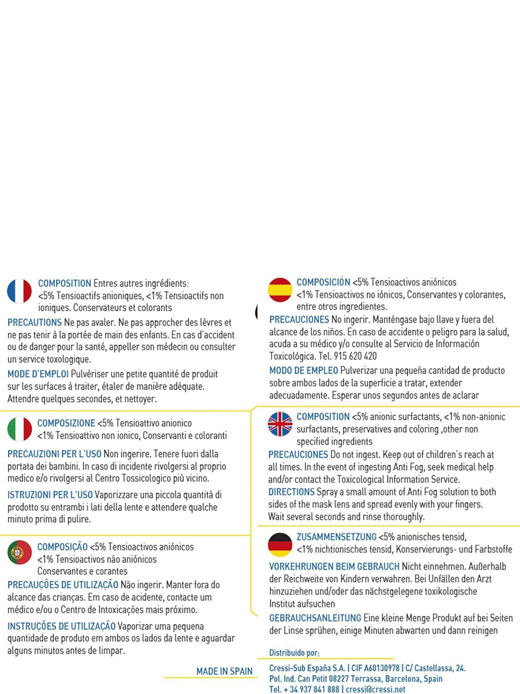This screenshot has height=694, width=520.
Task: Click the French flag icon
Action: point(19,291)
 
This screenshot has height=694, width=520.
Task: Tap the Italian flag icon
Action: point(20,429)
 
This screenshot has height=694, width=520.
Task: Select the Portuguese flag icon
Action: point(20,552)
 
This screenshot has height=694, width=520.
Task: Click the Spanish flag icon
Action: point(280,290)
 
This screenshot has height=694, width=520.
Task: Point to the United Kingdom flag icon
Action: point(280,424)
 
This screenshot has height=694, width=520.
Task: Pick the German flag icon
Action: point(280,545)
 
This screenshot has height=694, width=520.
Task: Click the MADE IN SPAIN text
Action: point(224,671)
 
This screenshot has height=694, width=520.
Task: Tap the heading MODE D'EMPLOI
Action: point(38,374)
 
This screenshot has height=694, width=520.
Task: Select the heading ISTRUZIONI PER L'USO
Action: point(50,495)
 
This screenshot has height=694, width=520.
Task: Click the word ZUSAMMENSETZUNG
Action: point(336,537)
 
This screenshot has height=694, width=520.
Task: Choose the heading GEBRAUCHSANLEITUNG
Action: point(315,618)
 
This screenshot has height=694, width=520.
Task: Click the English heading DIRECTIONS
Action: point(291,492)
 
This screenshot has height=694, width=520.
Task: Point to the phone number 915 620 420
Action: point(356,356)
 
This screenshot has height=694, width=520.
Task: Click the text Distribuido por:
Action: point(294,653)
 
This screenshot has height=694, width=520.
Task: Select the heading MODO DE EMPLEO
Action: point(304,370)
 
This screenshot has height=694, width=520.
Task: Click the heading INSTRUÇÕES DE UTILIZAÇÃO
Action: point(61,626)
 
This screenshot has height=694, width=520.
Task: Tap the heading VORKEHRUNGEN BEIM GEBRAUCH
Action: point(334,567)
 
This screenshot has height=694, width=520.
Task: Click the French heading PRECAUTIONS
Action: point(34,323)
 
